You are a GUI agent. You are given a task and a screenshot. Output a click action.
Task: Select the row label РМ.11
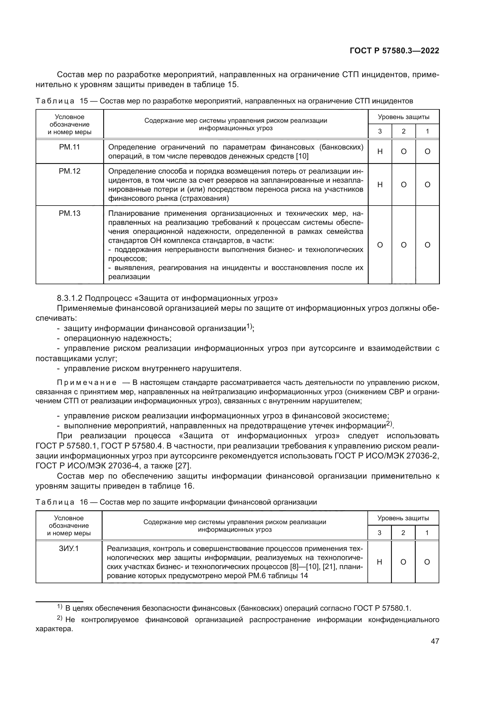point(69,147)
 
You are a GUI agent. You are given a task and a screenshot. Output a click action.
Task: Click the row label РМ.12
point(69,171)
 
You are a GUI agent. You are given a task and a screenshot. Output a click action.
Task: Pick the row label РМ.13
point(69,213)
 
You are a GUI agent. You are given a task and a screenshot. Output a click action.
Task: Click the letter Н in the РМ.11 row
point(380,151)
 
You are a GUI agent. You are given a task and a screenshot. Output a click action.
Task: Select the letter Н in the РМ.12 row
point(380,184)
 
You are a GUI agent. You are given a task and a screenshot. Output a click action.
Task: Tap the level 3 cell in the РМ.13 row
point(380,245)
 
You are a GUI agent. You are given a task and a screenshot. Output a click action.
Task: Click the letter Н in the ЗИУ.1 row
point(379,562)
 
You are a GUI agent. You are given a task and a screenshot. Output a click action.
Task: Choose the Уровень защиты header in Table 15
point(403,117)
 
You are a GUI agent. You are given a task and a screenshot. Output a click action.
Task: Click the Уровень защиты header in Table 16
point(403,518)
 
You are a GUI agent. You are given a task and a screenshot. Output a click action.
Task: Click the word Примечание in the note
point(87,382)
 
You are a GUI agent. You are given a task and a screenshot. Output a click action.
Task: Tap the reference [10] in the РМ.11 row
point(302,156)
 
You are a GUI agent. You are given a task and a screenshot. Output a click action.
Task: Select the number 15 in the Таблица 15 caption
point(84,101)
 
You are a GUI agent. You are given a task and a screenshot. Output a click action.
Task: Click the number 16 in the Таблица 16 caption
point(84,502)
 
